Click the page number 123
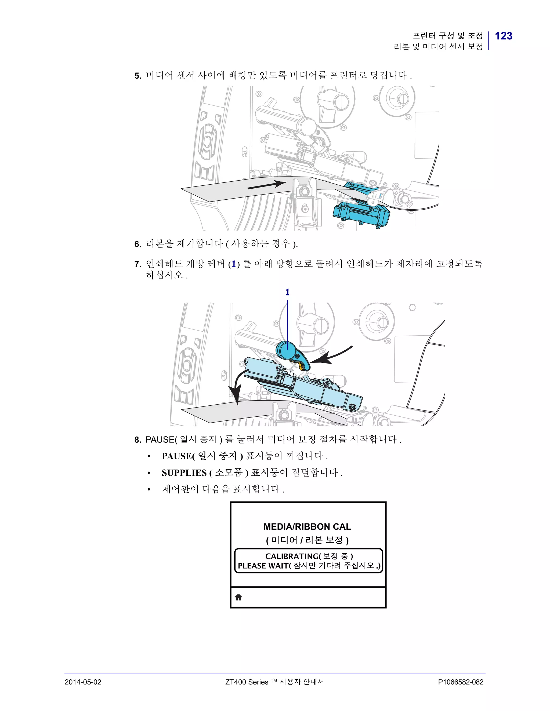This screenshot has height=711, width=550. [x=504, y=36]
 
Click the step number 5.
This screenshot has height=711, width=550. [x=137, y=76]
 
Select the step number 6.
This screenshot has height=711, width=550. [x=137, y=244]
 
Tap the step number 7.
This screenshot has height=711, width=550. [x=137, y=264]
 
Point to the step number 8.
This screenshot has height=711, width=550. [x=137, y=440]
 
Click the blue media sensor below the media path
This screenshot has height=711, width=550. [x=362, y=213]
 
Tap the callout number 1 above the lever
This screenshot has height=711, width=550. [x=287, y=292]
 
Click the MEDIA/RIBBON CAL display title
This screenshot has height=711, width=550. [x=307, y=527]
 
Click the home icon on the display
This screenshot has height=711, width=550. [x=238, y=597]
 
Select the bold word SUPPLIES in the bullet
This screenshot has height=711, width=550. [x=184, y=473]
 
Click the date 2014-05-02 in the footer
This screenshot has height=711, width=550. [x=83, y=682]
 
